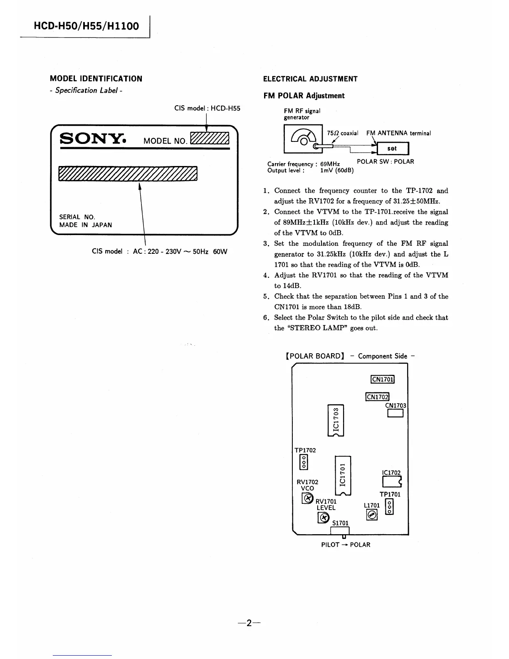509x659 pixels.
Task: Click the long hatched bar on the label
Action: click(128, 173)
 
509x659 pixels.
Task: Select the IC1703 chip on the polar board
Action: click(336, 420)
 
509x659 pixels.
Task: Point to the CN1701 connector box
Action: click(382, 379)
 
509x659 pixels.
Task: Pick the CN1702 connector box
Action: click(377, 397)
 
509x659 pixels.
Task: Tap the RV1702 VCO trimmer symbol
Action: click(307, 498)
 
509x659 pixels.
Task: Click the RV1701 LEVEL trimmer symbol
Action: click(323, 517)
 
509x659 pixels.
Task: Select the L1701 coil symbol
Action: click(372, 515)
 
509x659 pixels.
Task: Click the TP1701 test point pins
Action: click(389, 507)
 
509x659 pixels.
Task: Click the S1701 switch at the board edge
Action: click(340, 532)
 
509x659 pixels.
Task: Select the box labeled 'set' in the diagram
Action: click(392, 148)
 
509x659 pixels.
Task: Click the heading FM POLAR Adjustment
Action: click(304, 96)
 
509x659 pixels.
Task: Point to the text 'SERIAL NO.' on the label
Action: click(77, 217)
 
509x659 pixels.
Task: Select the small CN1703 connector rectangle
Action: click(395, 414)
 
